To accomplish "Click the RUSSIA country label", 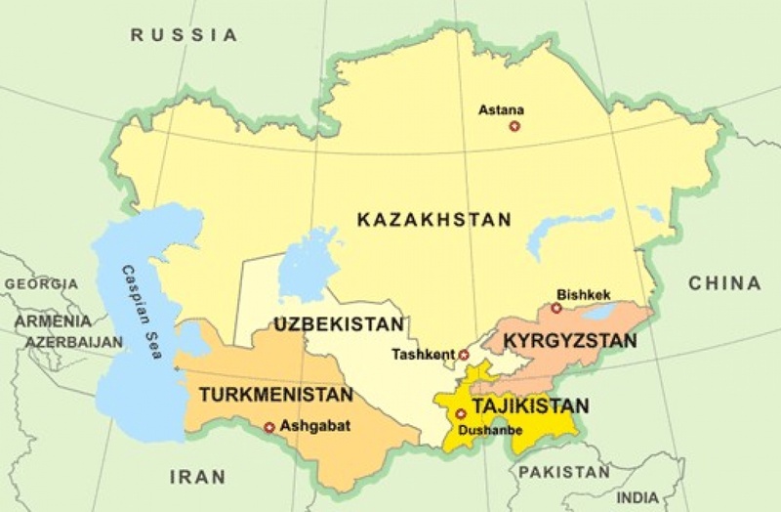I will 185,35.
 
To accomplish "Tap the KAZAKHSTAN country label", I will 433,220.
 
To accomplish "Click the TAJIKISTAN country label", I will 530,405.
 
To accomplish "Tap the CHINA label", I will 723,283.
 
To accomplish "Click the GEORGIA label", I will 40,283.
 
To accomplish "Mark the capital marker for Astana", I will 514,126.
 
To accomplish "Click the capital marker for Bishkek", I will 555,308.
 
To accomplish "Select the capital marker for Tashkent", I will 464,355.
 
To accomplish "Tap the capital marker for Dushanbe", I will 461,414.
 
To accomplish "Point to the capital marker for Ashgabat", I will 269,426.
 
